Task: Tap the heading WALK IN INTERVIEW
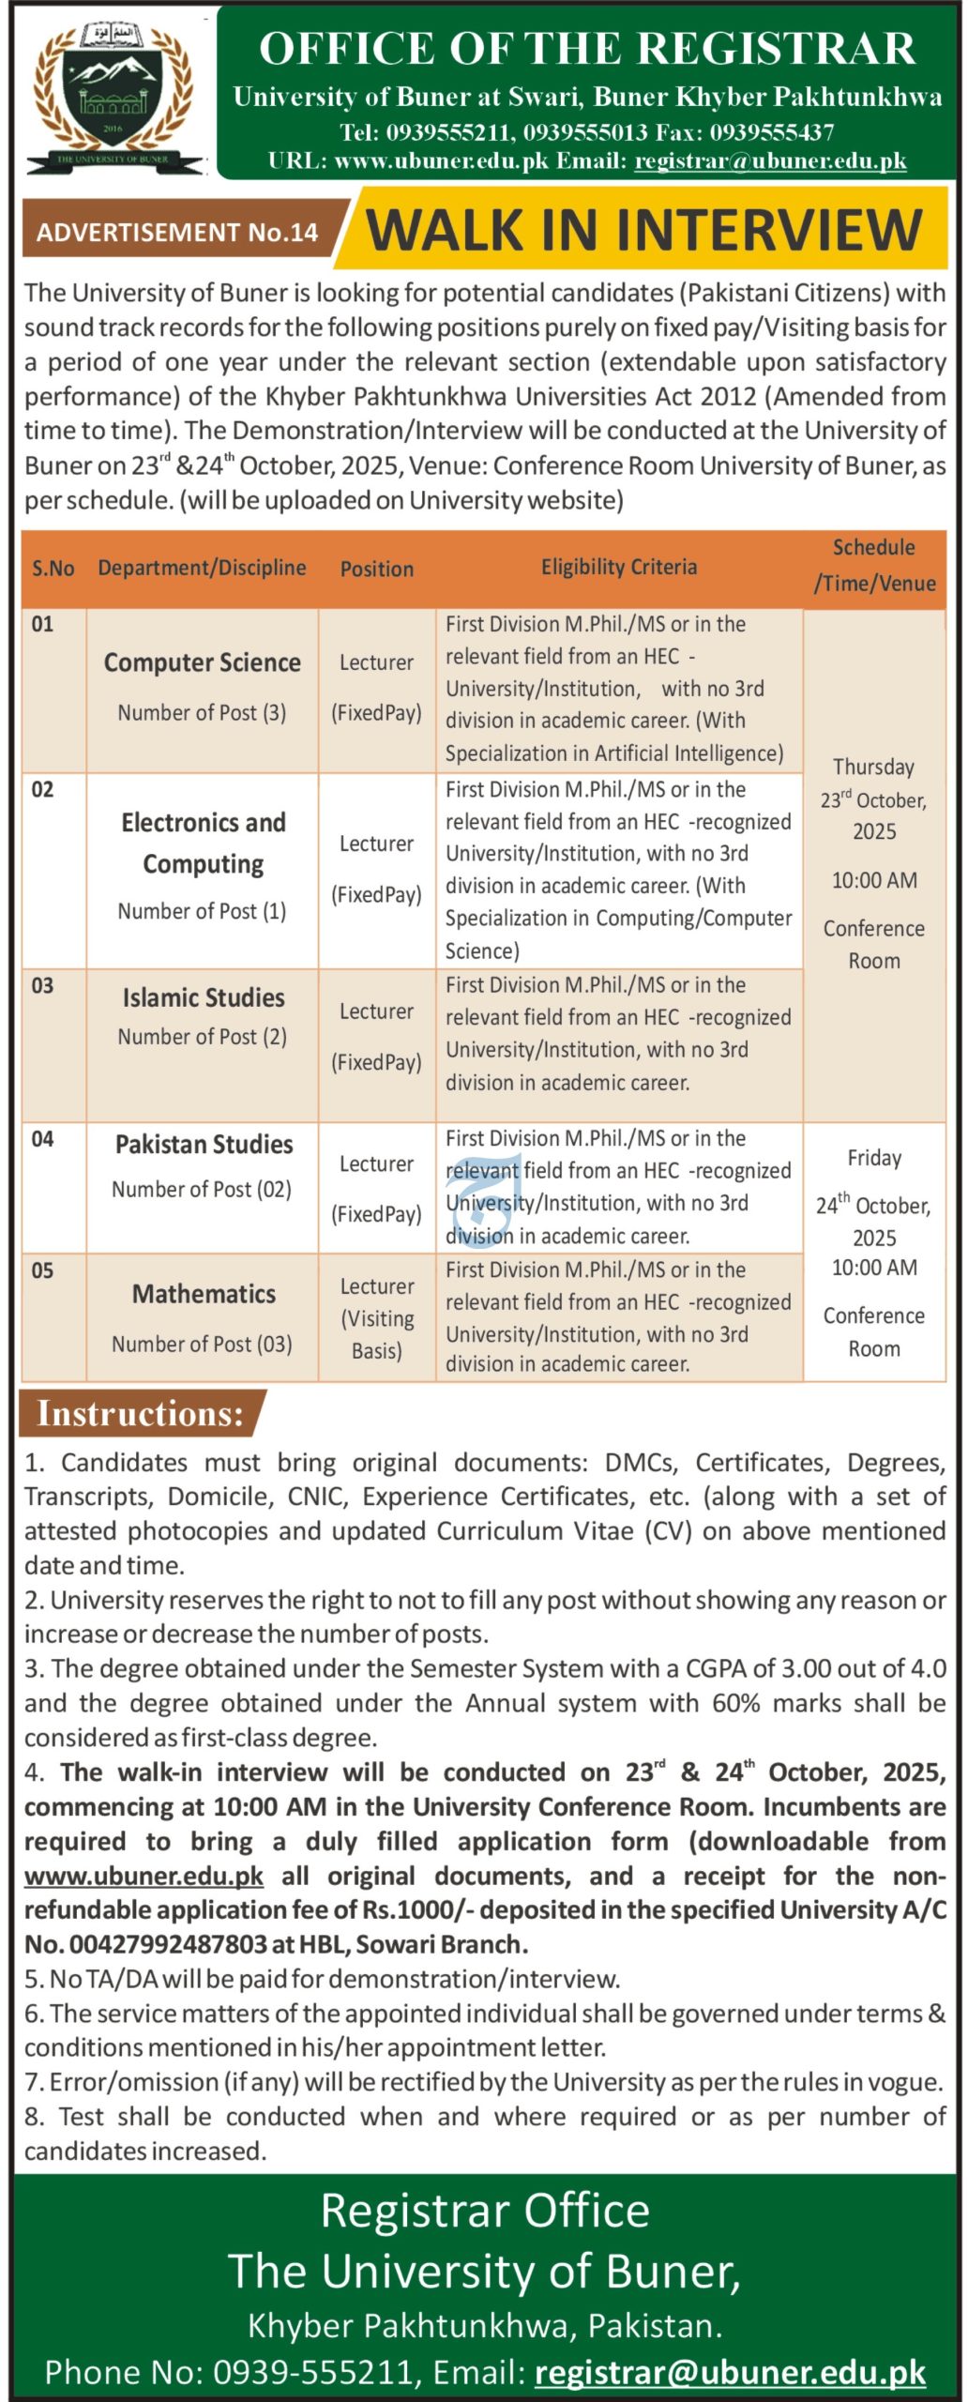(643, 230)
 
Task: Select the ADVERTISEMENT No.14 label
(177, 232)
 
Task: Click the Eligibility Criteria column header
(618, 567)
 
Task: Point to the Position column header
(376, 569)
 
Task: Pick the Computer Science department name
(203, 662)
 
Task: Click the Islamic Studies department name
(204, 997)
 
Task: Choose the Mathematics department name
(204, 1294)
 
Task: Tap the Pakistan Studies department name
(204, 1144)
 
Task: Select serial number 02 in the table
(42, 789)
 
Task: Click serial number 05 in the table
(42, 1270)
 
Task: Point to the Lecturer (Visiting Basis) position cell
(376, 1318)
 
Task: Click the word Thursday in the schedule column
(873, 767)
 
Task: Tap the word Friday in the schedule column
(874, 1158)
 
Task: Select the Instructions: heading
(140, 1413)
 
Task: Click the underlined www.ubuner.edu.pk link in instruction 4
(144, 1876)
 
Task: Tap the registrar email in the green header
(770, 160)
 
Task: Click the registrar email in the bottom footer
(730, 2372)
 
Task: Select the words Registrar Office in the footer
(485, 2211)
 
